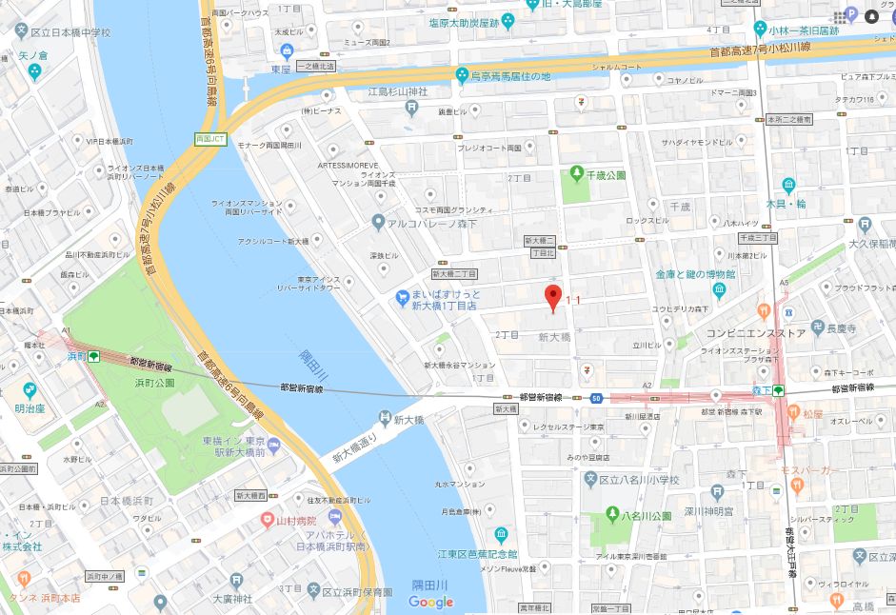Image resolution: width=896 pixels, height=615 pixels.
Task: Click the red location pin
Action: click(550, 297)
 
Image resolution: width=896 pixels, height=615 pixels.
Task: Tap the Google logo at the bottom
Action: click(431, 602)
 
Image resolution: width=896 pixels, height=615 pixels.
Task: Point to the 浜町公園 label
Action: click(154, 382)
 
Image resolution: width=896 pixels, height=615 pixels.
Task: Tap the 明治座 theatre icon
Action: click(29, 390)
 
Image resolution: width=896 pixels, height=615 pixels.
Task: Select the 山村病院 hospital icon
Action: click(269, 520)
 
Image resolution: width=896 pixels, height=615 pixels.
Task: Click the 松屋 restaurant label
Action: click(811, 413)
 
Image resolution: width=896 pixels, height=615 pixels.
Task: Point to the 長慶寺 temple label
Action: click(840, 328)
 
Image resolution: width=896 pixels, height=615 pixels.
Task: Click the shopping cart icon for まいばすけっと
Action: click(403, 299)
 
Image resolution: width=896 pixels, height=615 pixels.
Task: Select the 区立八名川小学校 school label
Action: click(646, 480)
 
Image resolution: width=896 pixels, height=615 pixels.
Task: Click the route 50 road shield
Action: click(596, 396)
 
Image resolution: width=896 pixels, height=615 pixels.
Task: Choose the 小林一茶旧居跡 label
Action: click(806, 30)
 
